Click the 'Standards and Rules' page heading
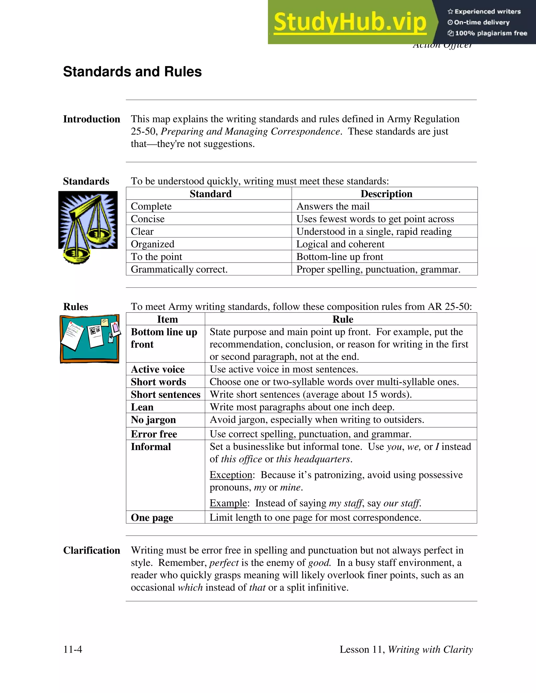[x=132, y=72]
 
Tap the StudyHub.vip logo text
[x=350, y=22]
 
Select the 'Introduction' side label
[x=91, y=119]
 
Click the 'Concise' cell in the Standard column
[x=148, y=219]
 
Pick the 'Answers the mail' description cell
[x=333, y=206]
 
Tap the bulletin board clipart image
[x=90, y=339]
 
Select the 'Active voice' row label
[x=158, y=369]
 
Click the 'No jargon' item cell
[x=153, y=420]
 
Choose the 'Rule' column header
[x=343, y=319]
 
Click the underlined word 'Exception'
[x=231, y=475]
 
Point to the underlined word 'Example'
[x=228, y=503]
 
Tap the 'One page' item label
[x=152, y=518]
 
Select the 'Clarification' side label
[x=91, y=550]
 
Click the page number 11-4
[x=73, y=649]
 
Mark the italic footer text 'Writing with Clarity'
[x=430, y=649]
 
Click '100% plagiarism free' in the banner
[x=491, y=33]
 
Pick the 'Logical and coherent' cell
[x=340, y=244]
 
